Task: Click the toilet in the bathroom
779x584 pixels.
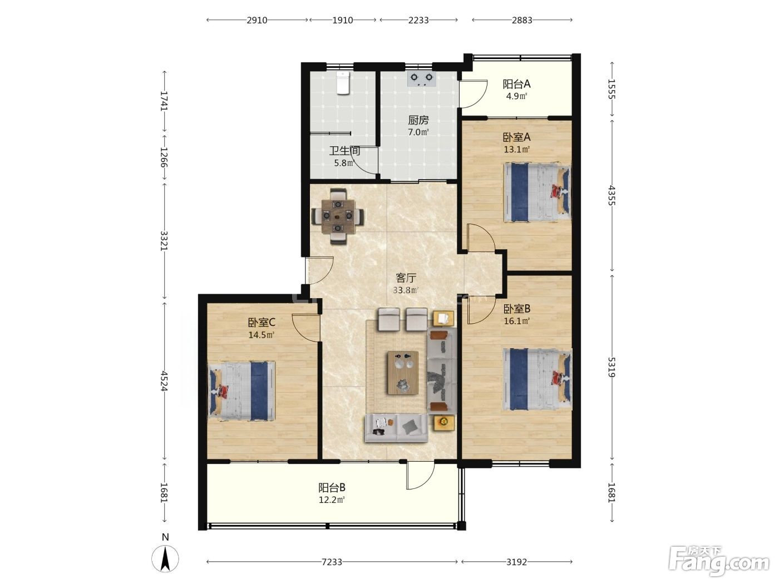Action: click(x=343, y=83)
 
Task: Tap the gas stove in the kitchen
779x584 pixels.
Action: click(x=421, y=80)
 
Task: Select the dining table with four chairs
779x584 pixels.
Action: click(x=338, y=216)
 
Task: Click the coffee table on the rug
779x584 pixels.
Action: click(x=402, y=372)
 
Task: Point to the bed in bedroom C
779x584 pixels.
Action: click(x=241, y=391)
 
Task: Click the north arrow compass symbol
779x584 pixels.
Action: click(x=165, y=558)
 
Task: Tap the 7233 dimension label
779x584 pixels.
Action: click(x=332, y=562)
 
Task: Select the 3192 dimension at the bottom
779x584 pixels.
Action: click(x=516, y=562)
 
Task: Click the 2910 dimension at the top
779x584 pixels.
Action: click(x=257, y=20)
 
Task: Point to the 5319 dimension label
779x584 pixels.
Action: click(x=612, y=367)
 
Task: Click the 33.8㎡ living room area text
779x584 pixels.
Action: click(x=406, y=290)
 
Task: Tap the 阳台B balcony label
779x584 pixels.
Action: click(x=332, y=488)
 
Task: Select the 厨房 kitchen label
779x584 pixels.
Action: click(x=418, y=120)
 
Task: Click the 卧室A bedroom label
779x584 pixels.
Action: click(x=516, y=137)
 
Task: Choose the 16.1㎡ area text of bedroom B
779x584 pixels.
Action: click(x=517, y=321)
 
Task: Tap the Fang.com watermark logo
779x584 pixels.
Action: click(x=719, y=561)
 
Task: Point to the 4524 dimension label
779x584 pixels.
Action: click(x=164, y=381)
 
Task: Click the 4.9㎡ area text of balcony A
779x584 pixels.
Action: click(x=516, y=96)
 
